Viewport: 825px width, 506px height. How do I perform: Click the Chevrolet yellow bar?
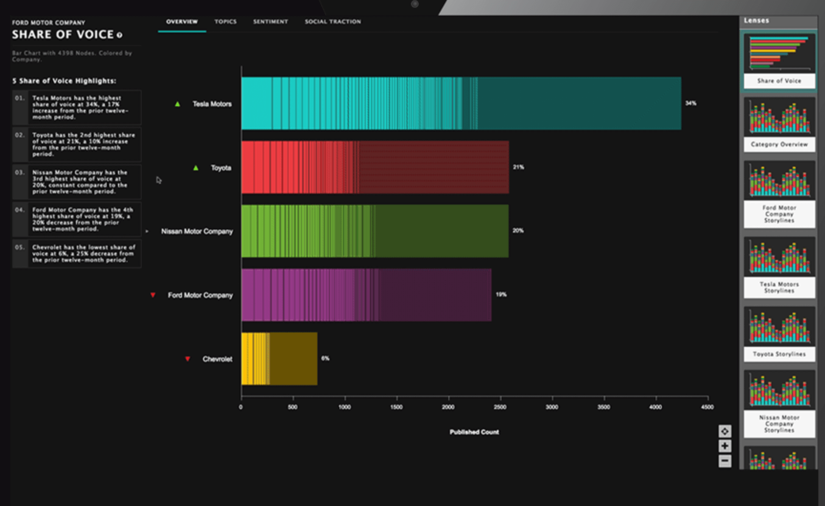point(279,359)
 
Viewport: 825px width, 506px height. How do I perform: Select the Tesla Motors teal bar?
point(461,103)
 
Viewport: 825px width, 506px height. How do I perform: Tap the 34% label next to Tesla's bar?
point(691,103)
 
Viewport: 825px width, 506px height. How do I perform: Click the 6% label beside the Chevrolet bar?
point(325,358)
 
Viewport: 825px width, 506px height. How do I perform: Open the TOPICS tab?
point(225,22)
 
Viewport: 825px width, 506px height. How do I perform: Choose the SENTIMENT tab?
point(270,22)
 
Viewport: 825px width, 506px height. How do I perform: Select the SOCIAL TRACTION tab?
point(333,22)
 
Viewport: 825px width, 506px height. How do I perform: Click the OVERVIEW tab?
point(182,22)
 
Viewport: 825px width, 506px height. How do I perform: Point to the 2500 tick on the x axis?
point(500,407)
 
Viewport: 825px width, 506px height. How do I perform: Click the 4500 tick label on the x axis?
point(707,407)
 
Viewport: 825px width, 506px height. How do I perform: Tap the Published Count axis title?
point(474,432)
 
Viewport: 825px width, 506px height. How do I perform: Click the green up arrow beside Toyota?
point(196,168)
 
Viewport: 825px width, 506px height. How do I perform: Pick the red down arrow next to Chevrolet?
point(187,359)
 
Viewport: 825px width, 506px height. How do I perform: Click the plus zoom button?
point(724,446)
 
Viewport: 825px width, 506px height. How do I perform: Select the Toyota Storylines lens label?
point(779,354)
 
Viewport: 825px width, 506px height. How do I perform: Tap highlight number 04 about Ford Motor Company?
point(76,219)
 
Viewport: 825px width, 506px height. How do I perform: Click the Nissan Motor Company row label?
point(197,231)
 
